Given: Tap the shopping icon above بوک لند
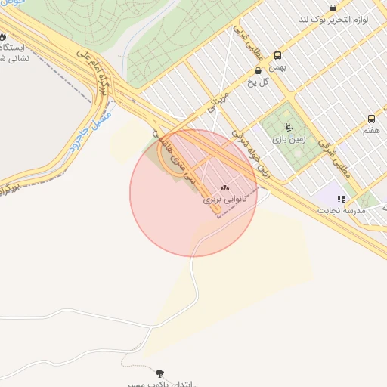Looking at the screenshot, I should (x=333, y=8).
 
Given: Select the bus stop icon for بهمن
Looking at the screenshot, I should (x=277, y=55).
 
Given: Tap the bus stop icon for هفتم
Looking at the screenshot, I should (x=371, y=119).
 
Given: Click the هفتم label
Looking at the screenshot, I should (x=370, y=131).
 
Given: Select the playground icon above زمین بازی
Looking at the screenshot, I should (x=289, y=127).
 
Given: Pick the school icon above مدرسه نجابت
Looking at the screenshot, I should (x=342, y=199).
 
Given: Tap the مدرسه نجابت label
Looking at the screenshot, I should (x=343, y=210).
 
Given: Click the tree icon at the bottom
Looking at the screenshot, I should (x=159, y=373).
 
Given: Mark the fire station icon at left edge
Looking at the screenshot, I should (x=2, y=36).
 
